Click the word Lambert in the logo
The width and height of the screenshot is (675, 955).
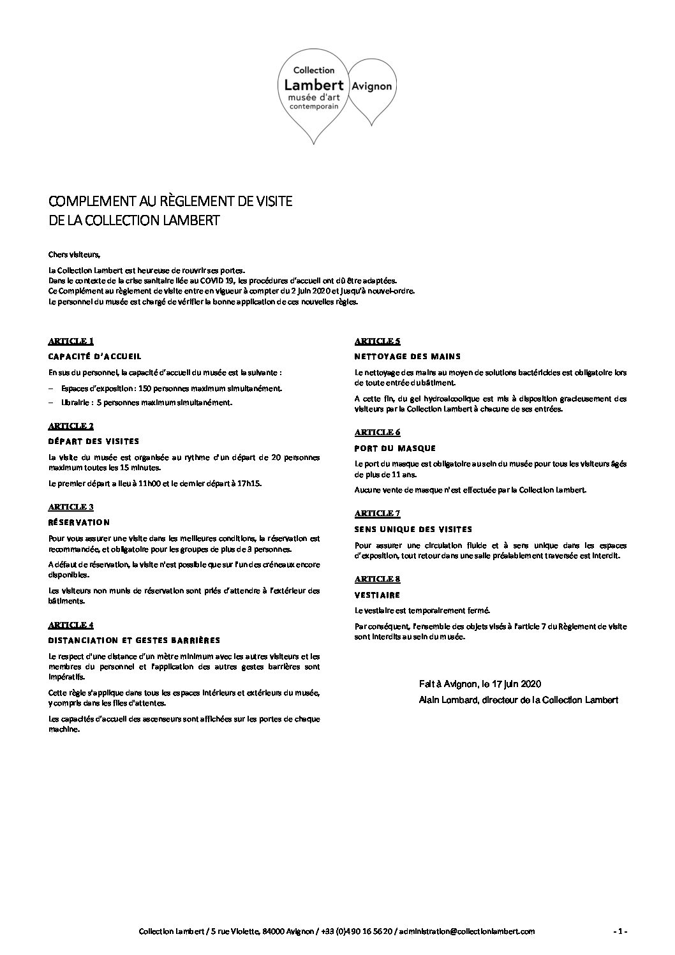click(x=313, y=84)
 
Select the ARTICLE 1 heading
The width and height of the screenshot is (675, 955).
click(x=71, y=341)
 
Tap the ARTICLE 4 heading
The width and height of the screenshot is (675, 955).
click(x=71, y=625)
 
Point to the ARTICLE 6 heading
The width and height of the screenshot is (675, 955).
click(x=378, y=433)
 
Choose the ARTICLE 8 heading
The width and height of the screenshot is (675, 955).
click(x=378, y=579)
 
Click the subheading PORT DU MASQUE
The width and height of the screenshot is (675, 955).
click(x=395, y=448)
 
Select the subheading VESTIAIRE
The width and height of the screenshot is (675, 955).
click(x=377, y=595)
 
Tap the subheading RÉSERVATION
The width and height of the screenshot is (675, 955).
click(x=79, y=522)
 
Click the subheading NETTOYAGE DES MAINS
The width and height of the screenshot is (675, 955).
click(x=407, y=356)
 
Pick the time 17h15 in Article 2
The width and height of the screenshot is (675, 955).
click(x=250, y=484)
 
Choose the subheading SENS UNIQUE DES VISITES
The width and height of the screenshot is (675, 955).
click(x=413, y=529)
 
